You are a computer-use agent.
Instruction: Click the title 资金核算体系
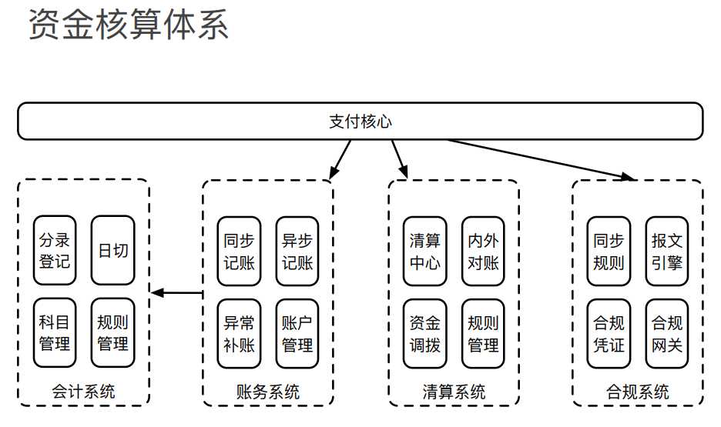129,25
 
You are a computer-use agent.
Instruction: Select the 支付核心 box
360,122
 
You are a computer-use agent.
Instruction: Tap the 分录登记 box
55,251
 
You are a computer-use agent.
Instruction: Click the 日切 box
112,251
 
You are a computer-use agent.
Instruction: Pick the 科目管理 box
55,332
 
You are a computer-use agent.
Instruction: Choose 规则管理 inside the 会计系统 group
112,332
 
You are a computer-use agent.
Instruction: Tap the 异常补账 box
239,333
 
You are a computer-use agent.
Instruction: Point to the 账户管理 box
297,333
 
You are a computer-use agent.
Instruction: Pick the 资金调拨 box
424,333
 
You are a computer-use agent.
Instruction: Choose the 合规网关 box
666,333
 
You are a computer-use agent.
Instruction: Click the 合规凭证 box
609,333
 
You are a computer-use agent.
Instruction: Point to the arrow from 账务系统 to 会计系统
177,292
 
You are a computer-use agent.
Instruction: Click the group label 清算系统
454,392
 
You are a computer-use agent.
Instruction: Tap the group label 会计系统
83,392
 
